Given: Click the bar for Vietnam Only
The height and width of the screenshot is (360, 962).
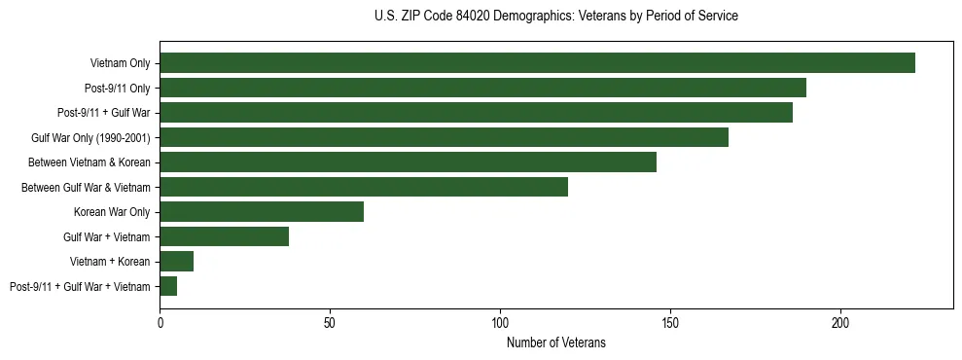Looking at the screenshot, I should pos(537,63).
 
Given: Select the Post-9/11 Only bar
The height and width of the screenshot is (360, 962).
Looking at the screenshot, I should pos(482,88).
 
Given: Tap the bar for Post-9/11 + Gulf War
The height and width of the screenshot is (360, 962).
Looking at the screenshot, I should pos(476,113).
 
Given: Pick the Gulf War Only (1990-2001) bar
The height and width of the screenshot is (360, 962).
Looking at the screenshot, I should pos(444,137).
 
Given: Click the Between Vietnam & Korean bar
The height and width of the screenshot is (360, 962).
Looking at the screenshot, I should pos(408,162).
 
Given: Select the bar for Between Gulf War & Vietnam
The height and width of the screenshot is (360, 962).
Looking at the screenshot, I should pos(364,187).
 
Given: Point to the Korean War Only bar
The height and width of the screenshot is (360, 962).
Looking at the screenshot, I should pos(262,212).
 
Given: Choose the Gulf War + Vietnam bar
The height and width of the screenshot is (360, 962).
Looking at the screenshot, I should pos(224,236).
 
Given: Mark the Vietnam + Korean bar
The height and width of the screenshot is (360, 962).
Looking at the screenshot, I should pos(176,261).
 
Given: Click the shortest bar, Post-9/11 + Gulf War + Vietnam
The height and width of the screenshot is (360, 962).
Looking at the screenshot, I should pos(168,286).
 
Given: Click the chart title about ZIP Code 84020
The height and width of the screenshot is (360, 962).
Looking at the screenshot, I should pos(555,17).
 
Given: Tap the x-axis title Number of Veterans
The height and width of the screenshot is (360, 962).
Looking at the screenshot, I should pos(555,342).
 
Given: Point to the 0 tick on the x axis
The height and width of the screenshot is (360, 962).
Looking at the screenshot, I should pos(160,322).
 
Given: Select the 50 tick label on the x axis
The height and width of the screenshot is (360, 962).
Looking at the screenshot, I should pos(330,322).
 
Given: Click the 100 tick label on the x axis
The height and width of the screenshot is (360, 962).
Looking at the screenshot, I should pos(500,322).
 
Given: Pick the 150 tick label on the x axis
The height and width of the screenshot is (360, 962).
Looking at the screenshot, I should pos(670,322).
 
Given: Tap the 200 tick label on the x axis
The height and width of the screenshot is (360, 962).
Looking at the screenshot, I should pos(840,322).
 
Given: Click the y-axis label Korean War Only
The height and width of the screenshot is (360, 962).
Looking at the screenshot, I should pos(111,212).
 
